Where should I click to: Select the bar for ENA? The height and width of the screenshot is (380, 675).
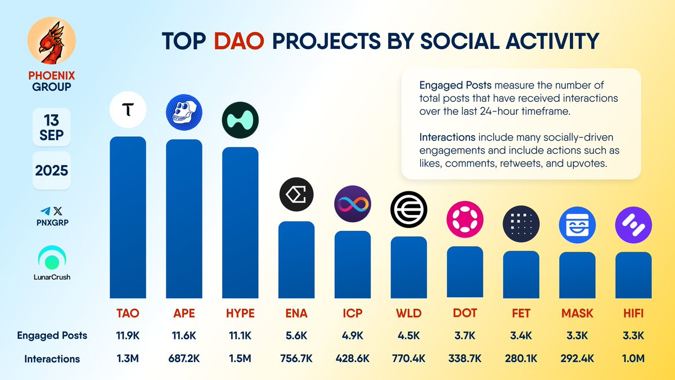(296, 259)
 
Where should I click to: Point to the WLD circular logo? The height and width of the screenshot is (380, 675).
(409, 209)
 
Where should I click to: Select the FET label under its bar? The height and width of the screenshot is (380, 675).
(521, 313)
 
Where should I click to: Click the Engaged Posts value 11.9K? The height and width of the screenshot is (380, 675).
(128, 336)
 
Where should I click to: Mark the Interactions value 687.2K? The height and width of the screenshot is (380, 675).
(184, 359)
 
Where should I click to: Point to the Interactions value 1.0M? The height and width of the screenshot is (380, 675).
(633, 359)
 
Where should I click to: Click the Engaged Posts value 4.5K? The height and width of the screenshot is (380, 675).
(409, 336)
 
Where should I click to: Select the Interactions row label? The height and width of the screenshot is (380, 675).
(52, 359)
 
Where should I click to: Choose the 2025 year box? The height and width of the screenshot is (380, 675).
(52, 170)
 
